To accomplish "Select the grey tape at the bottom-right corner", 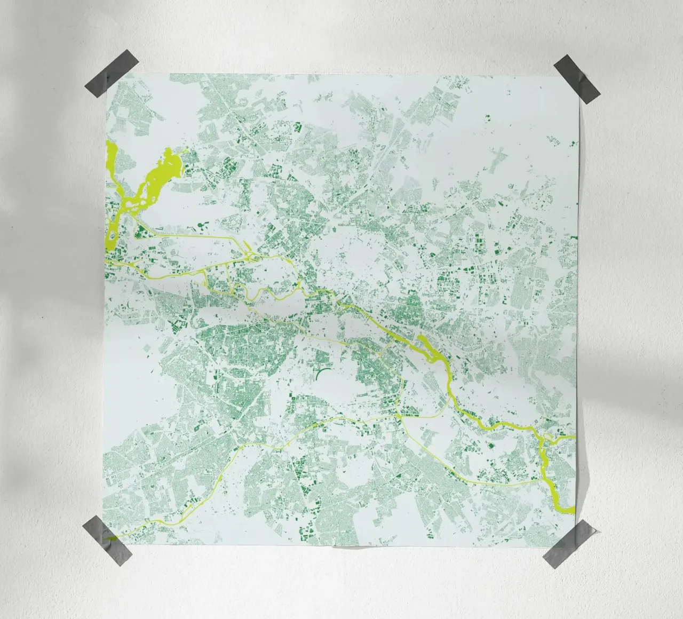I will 569,543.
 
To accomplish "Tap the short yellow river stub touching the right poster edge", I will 571,438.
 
